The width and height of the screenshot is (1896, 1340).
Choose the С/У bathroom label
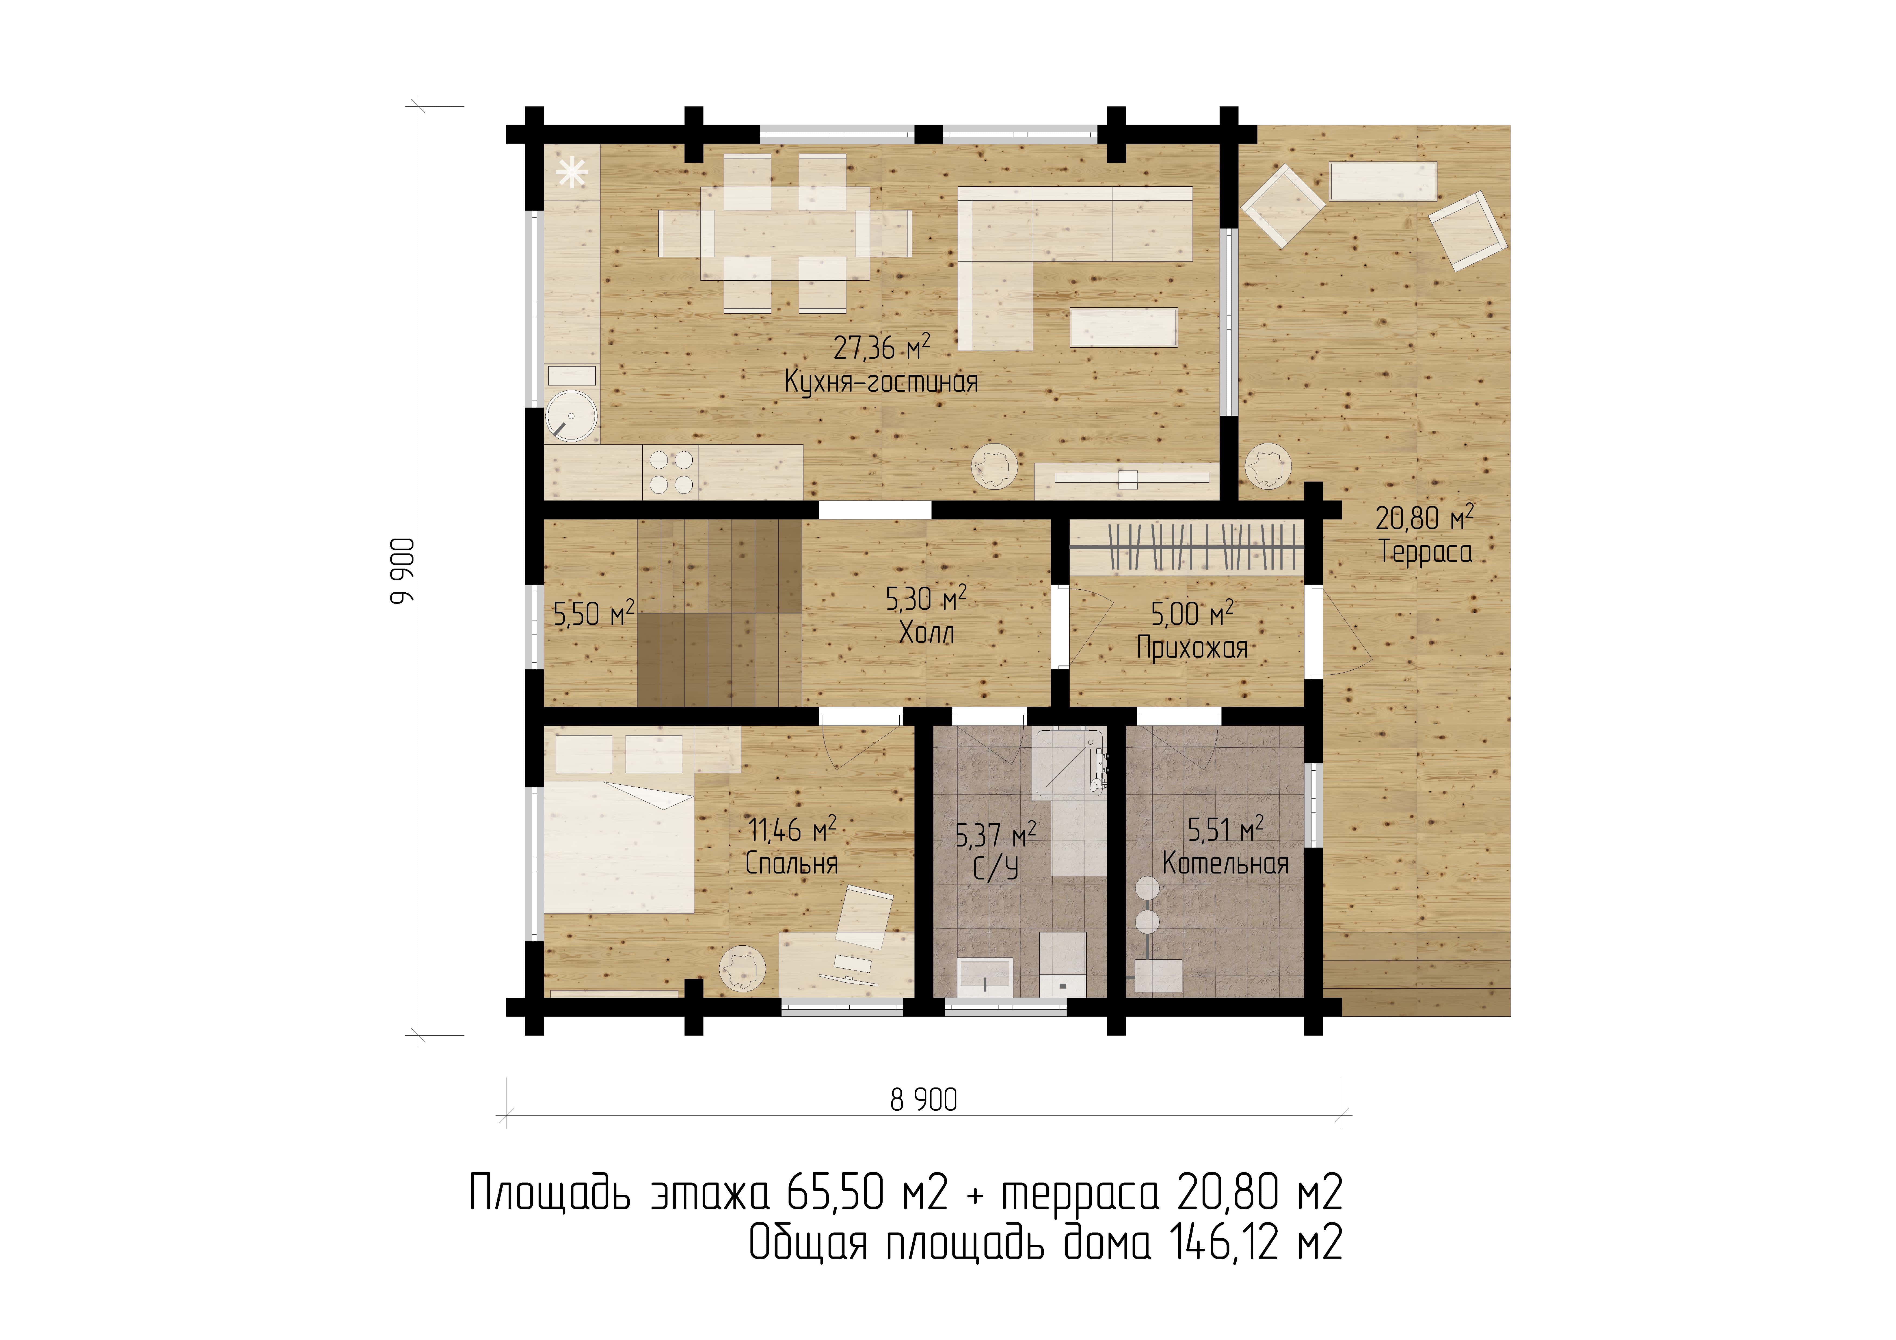996,869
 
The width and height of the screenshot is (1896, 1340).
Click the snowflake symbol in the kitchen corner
571,173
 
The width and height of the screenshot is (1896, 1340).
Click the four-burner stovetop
671,472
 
